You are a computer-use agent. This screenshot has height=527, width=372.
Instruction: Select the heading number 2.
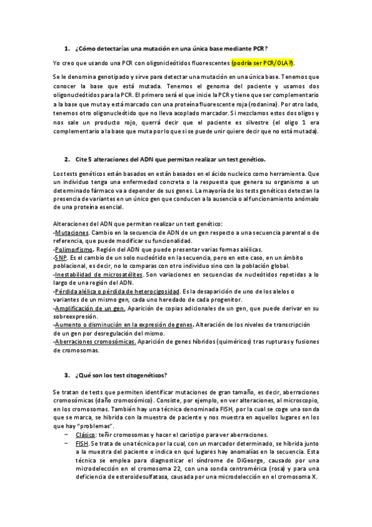(66, 159)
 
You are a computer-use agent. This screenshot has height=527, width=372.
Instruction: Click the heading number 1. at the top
(66, 48)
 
